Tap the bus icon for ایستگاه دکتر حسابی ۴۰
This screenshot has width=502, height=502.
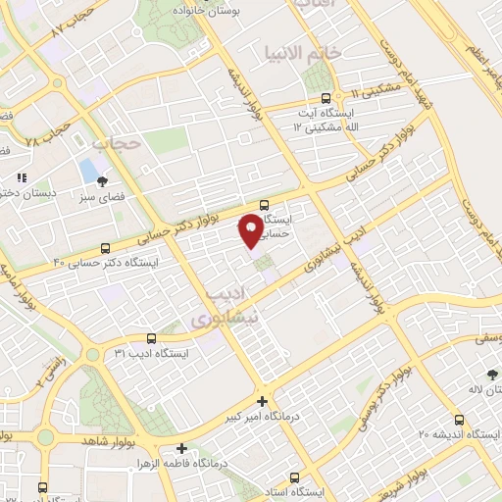click(106, 248)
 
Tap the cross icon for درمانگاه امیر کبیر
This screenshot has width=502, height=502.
click(262, 401)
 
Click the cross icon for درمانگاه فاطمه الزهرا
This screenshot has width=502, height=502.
click(180, 447)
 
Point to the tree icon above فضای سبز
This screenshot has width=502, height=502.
click(101, 180)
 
